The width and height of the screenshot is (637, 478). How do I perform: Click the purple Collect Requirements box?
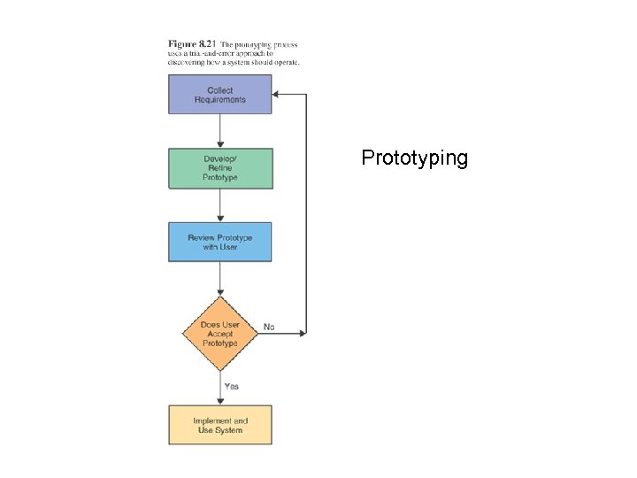pos(220,95)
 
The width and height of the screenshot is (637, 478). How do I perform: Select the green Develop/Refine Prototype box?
pos(220,168)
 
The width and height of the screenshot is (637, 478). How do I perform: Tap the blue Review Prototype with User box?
pos(220,242)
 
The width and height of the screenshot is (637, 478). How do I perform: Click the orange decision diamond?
pos(219,333)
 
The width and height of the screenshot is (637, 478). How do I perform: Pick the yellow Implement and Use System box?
pos(220,425)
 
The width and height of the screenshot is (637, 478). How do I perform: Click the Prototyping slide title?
pos(414,158)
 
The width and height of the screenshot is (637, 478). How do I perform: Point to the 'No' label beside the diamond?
pos(269,327)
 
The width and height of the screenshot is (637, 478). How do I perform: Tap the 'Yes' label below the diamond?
pos(231,386)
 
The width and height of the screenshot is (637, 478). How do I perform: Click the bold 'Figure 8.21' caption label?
pos(192,43)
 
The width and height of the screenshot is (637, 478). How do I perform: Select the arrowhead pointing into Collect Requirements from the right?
pos(277,94)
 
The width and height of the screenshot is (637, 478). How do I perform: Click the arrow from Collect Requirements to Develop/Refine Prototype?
pos(220,131)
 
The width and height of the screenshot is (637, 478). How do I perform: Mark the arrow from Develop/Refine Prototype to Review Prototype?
pos(220,204)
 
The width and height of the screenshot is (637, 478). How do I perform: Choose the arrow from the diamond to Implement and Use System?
pos(220,388)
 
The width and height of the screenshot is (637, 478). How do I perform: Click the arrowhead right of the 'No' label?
pos(302,333)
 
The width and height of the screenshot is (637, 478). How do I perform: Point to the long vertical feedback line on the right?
pos(306,212)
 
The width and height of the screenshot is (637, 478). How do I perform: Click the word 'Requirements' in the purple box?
pos(220,99)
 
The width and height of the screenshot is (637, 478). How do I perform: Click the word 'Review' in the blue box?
pos(202,237)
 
